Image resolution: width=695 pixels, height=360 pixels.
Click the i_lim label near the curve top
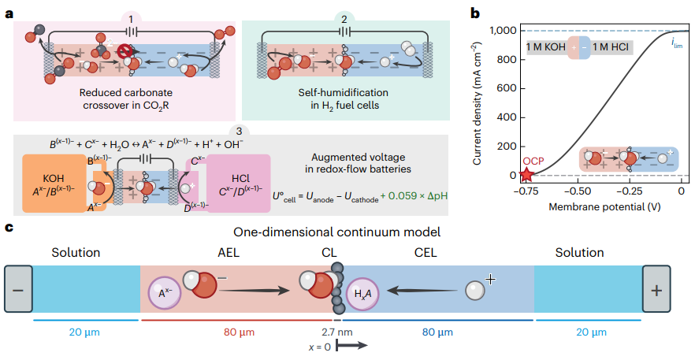(677, 44)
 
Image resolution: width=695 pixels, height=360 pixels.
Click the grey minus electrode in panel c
(17, 289)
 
